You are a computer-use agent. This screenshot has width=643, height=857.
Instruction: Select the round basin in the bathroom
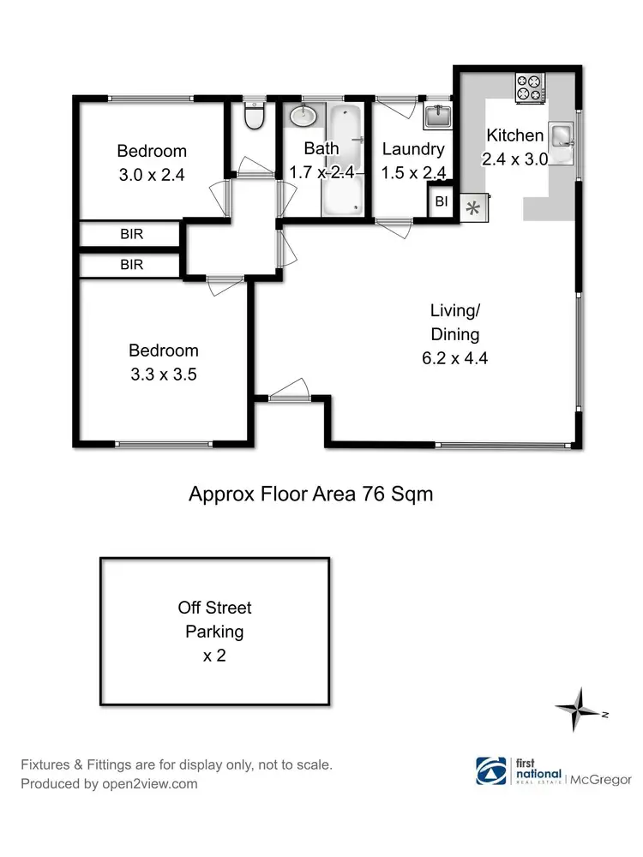(302, 116)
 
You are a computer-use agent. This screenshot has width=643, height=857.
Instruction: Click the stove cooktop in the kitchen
(529, 85)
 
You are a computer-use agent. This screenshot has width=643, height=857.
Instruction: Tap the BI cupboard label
(442, 202)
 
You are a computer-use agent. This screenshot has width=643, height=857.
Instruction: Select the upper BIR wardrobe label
(131, 234)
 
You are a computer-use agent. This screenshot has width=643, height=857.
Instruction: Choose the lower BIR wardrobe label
(131, 265)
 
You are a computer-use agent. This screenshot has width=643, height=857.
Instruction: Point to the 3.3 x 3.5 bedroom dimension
(163, 374)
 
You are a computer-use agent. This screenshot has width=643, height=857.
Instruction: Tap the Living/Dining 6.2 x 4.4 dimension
(455, 359)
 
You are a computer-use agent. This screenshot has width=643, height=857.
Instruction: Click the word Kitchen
(514, 135)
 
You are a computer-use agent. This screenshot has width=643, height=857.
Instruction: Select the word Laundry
(413, 150)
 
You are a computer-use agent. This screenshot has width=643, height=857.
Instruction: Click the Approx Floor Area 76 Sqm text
(310, 494)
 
